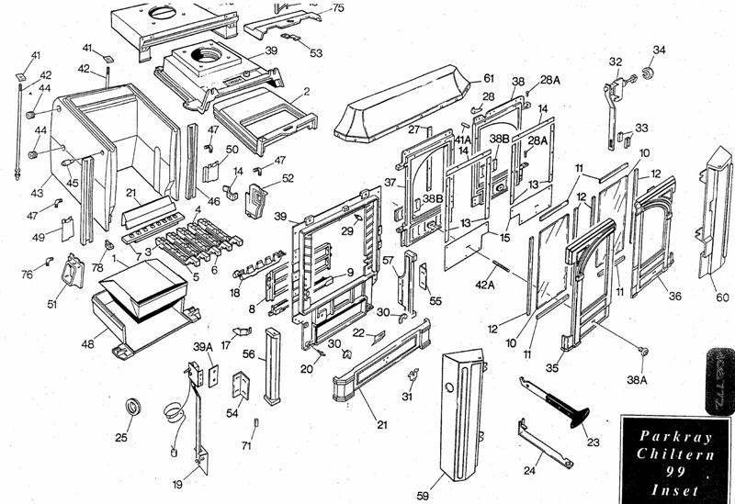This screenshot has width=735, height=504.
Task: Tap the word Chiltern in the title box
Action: pos(675,454)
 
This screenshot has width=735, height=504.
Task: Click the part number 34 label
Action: pos(659,50)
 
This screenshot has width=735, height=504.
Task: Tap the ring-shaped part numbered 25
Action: pos(134,407)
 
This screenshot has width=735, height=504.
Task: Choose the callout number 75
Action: pos(338,8)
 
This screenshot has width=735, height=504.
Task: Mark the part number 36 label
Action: pos(675,296)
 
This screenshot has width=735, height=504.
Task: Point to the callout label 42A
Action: pos(485,285)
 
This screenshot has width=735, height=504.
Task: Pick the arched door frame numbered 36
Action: pos(658,234)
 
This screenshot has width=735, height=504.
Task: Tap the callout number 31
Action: pos(407,397)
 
